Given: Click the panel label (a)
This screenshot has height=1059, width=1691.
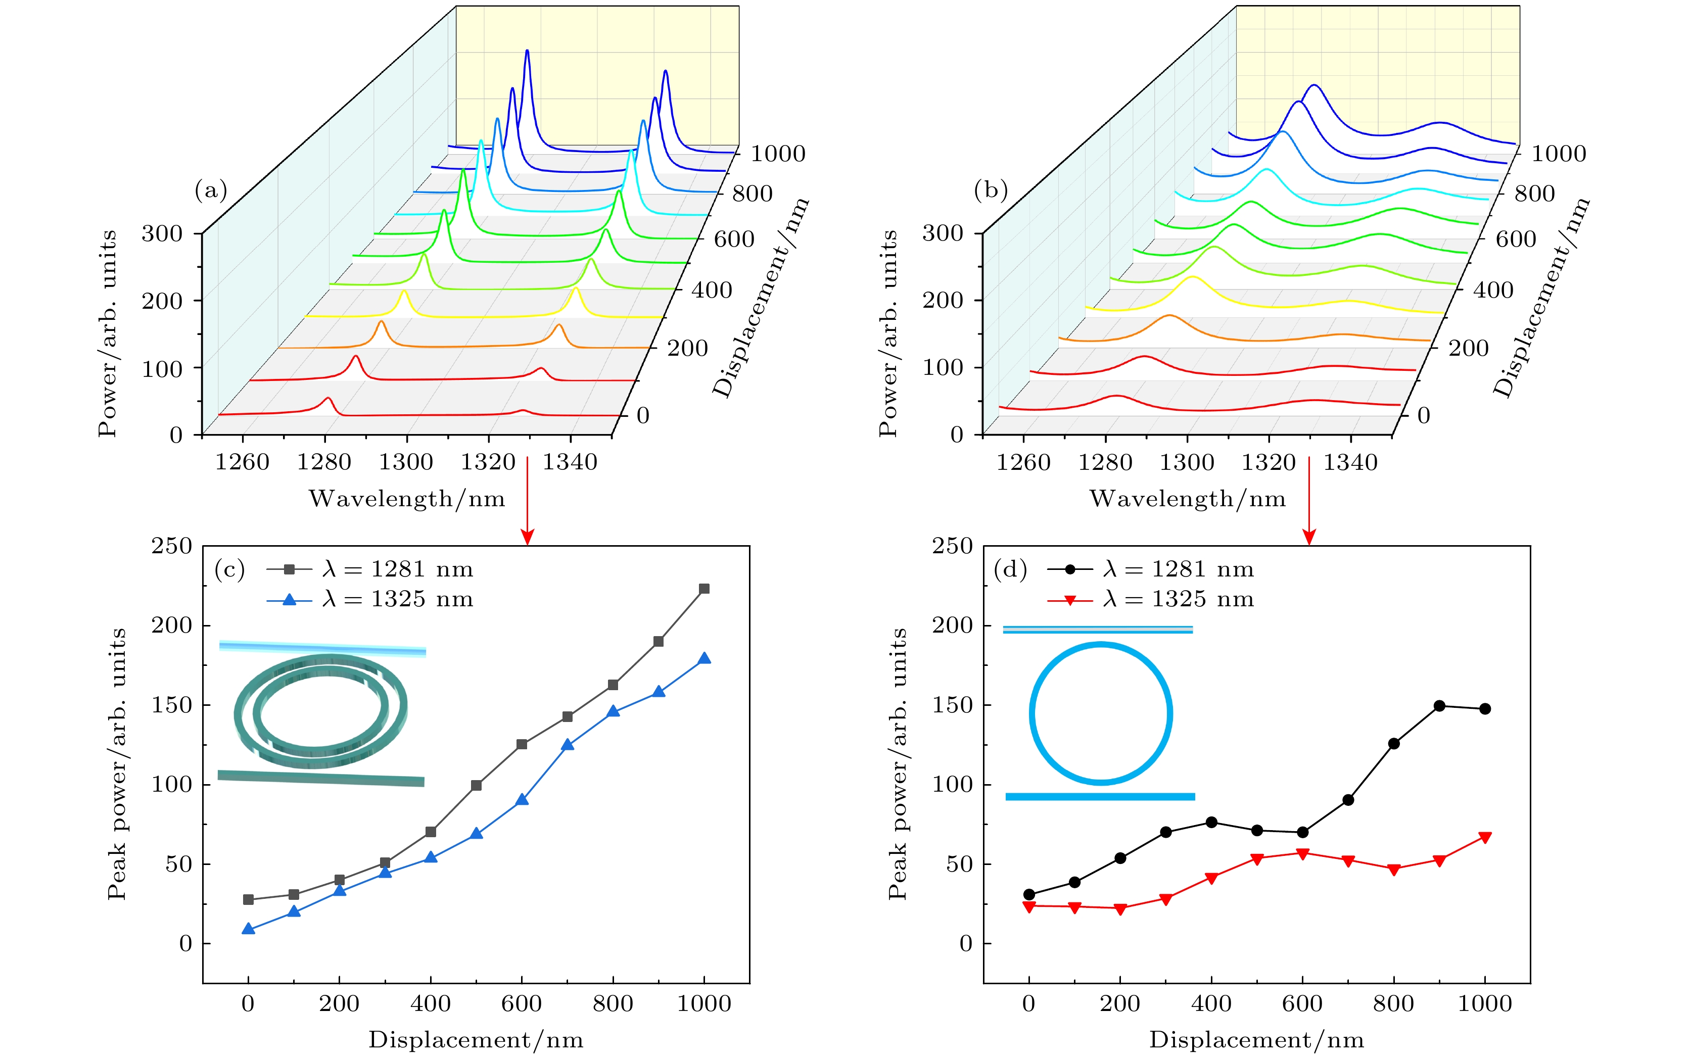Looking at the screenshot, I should [211, 190].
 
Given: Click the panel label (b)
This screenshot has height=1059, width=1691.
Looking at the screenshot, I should [991, 190].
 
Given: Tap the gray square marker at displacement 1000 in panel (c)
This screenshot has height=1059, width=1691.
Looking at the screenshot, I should [704, 589].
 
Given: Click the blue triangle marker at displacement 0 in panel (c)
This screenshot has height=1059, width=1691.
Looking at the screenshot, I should [248, 929].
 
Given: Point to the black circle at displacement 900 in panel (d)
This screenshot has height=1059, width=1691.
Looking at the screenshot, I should [1439, 706].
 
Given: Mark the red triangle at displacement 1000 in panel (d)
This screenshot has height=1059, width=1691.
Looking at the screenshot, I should [1484, 837].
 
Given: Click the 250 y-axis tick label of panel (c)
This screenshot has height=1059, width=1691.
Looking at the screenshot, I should [172, 546].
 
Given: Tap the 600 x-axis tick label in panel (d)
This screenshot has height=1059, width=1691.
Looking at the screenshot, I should [1302, 1003].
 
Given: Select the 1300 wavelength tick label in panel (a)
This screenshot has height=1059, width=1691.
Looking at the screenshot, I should [406, 462].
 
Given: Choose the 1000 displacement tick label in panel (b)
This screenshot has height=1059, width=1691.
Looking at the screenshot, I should [1558, 154].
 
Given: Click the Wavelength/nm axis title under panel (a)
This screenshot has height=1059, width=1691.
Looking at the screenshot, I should [407, 499].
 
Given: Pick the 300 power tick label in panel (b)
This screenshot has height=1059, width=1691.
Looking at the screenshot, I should [942, 233].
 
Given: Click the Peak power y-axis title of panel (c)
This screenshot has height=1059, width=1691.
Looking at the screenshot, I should [117, 763].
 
